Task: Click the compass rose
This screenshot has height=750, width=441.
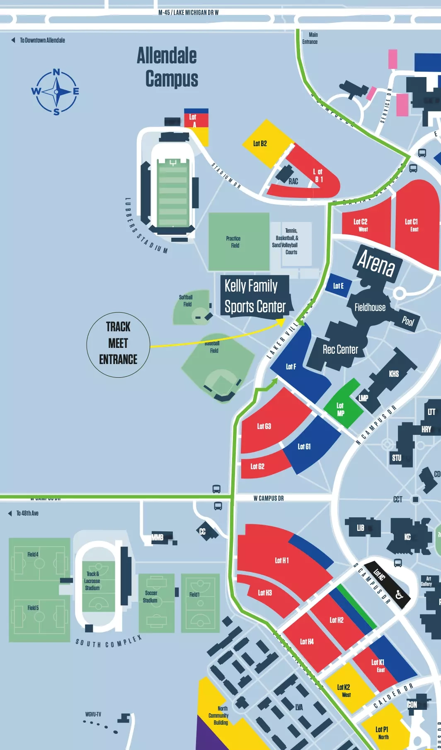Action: (x=56, y=92)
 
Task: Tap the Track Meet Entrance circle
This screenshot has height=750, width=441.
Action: (x=118, y=345)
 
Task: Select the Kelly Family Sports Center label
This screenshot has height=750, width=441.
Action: (x=254, y=297)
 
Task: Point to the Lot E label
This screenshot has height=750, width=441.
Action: (x=338, y=286)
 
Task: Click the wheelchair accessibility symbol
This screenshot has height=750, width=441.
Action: (x=399, y=595)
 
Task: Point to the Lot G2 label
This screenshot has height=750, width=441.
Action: (x=257, y=466)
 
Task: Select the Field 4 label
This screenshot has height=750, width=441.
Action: (x=33, y=554)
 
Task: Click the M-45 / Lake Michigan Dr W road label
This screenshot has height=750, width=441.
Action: (x=189, y=12)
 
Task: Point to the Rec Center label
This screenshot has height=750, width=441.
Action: (x=340, y=350)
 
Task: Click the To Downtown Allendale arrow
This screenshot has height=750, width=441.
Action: (x=13, y=40)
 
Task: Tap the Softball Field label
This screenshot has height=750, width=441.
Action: (x=186, y=301)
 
